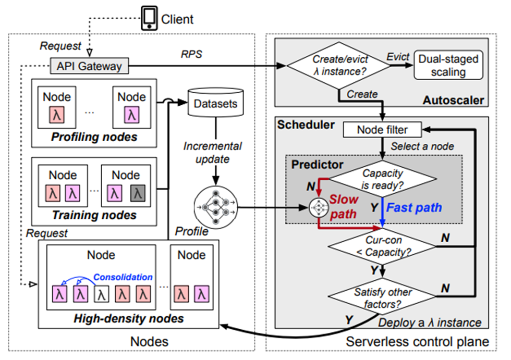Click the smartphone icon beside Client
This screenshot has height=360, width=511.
pyautogui.click(x=149, y=19)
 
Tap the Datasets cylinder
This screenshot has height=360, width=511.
pyautogui.click(x=215, y=103)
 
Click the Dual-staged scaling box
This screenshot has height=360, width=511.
pyautogui.click(x=448, y=65)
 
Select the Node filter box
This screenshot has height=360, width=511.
pyautogui.click(x=382, y=130)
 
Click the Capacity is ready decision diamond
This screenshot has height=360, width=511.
pyautogui.click(x=382, y=178)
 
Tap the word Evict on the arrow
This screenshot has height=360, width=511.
pyautogui.click(x=397, y=57)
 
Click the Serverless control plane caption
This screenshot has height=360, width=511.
pyautogui.click(x=417, y=342)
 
